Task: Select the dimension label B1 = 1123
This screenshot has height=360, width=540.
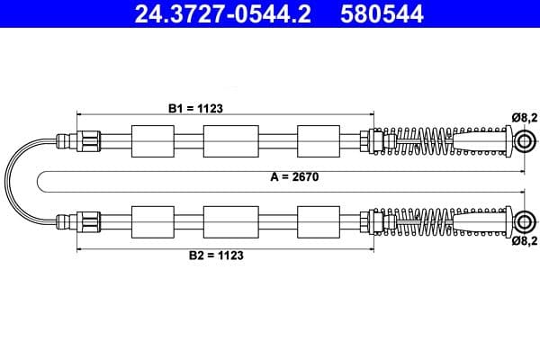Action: click(x=195, y=107)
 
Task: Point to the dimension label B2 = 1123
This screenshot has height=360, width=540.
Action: click(x=216, y=255)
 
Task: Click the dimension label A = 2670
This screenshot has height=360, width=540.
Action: click(x=294, y=177)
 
